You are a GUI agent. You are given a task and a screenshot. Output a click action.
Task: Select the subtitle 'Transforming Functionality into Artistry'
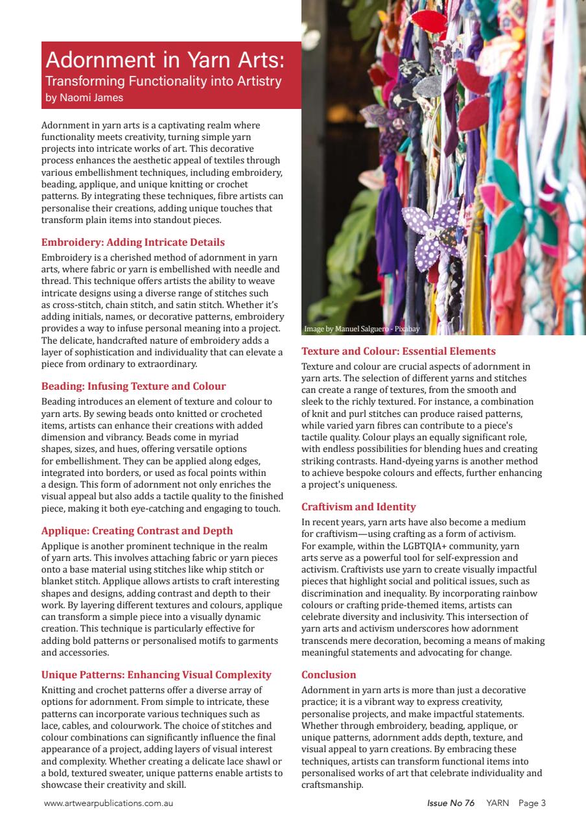coord(163,82)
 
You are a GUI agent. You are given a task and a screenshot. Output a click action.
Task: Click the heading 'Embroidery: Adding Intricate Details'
coord(133,243)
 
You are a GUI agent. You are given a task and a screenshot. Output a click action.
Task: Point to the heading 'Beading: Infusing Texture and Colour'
coord(134,386)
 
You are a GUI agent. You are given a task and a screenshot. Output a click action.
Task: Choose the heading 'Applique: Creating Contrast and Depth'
coord(137,530)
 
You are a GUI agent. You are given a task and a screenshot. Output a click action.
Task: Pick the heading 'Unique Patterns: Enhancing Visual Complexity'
coord(156,674)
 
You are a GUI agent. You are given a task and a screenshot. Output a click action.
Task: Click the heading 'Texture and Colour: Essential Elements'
coord(398,351)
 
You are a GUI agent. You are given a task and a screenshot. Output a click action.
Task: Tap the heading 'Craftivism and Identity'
coord(358,506)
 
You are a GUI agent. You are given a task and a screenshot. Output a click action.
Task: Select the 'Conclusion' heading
coord(329,674)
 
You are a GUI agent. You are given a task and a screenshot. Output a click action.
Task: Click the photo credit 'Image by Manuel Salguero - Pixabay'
coord(362,329)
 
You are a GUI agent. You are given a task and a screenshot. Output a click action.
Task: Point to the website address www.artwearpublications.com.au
coord(108,803)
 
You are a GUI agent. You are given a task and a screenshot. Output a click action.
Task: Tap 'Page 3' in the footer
coord(532,803)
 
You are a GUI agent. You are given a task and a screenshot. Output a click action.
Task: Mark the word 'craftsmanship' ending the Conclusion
coord(333,785)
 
